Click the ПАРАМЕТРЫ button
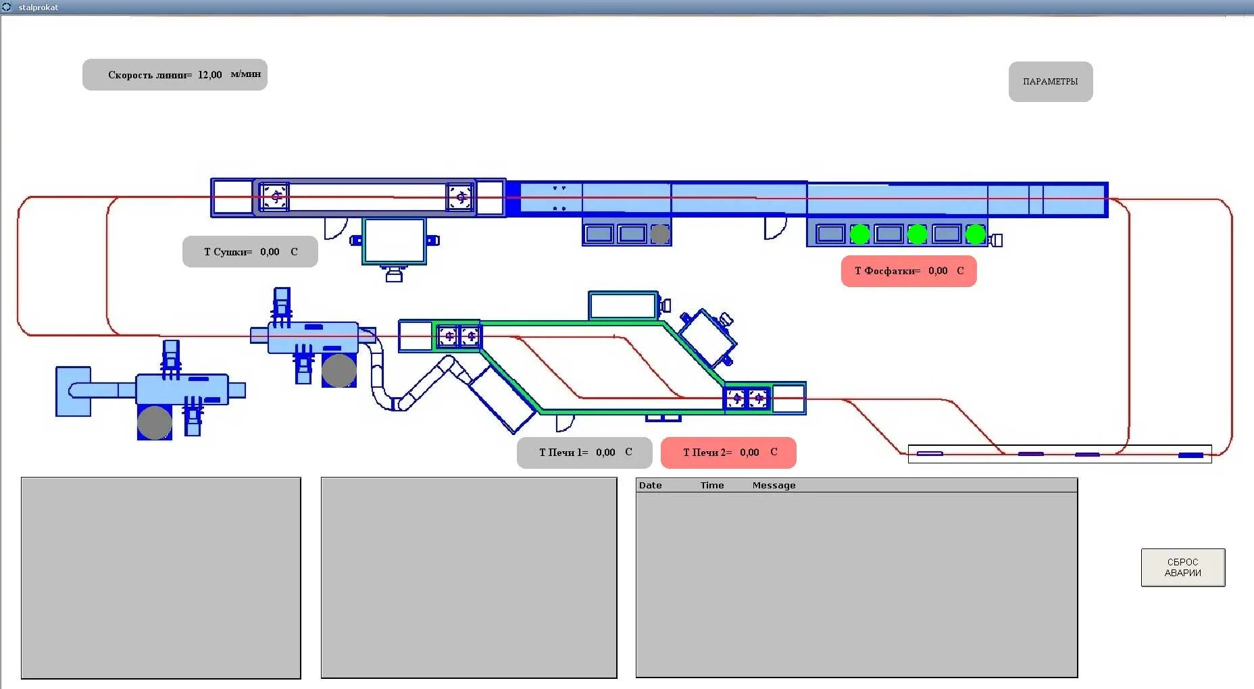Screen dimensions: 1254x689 coord(1050,82)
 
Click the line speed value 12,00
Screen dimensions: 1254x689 coord(209,75)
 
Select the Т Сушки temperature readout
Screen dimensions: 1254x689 coord(250,252)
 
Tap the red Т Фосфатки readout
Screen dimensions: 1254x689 coord(909,271)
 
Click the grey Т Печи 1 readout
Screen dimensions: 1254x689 coord(584,453)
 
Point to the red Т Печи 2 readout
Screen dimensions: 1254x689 coord(728,453)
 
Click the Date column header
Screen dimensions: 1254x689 coord(650,486)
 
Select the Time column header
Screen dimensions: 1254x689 coord(712,486)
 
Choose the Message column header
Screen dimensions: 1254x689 coord(774,486)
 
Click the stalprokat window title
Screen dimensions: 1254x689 coord(38,7)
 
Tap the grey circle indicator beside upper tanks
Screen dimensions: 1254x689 coord(660,234)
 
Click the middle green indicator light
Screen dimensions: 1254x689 coord(917,234)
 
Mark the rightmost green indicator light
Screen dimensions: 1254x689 coord(975,234)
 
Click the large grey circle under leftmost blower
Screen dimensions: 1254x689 coord(155,423)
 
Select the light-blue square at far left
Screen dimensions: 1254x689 coord(73,391)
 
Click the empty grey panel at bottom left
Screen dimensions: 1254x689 coord(161,578)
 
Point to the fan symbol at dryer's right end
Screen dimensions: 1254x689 coord(460,197)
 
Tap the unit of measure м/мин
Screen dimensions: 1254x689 coord(245,74)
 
